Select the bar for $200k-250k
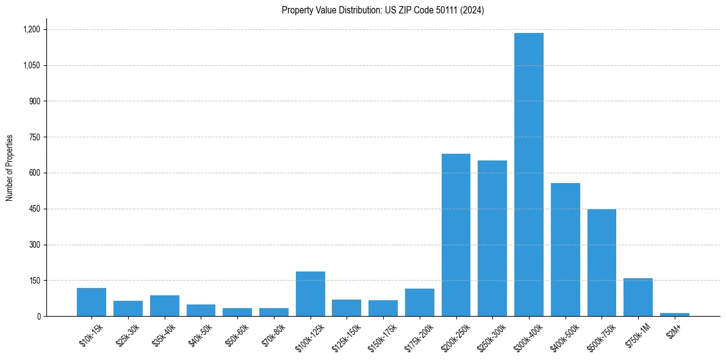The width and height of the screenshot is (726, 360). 456,235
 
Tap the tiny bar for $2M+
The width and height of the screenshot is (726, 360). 674,314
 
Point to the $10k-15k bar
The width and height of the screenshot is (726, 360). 92,302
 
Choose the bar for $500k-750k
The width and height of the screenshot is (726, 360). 602,263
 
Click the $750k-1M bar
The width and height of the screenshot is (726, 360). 638,297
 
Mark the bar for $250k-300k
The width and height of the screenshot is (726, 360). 492,239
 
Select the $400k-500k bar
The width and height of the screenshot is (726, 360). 565,250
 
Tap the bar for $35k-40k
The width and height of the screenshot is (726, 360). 164,306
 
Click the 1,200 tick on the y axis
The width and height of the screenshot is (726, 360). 31,29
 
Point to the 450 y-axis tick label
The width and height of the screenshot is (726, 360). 34,209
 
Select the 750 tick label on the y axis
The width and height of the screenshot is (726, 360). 34,137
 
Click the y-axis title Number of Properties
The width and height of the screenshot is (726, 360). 10,168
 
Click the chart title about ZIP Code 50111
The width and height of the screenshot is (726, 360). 383,10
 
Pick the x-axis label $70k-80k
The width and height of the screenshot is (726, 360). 272,333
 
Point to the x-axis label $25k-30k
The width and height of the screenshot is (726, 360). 126,333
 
